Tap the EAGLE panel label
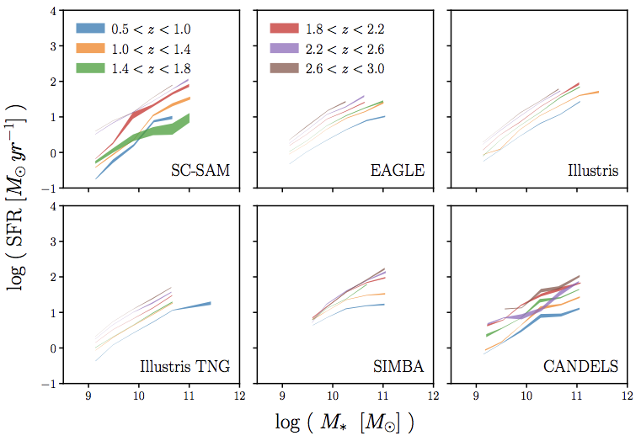397,172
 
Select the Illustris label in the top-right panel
593,172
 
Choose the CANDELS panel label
582,366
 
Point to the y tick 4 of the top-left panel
53,12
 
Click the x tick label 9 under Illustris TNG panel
89,393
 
